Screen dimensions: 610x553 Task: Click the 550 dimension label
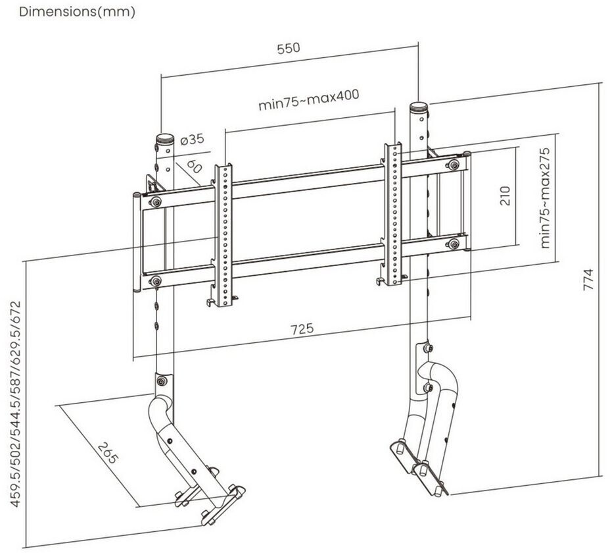289,47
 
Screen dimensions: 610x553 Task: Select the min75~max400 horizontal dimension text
309,100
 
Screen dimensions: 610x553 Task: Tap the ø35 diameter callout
193,139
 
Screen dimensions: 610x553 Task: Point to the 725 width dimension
302,328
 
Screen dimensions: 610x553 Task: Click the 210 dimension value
504,196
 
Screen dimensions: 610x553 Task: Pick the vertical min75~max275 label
545,197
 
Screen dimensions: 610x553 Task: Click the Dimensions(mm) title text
77,12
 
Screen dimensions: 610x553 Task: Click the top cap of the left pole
165,139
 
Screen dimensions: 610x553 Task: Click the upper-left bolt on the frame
156,202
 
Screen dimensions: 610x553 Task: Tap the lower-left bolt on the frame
156,280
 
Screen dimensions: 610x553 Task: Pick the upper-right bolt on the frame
453,165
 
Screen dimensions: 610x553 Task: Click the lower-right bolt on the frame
453,244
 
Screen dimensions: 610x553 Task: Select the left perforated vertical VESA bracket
223,235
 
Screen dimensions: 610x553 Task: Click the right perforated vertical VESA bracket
392,215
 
